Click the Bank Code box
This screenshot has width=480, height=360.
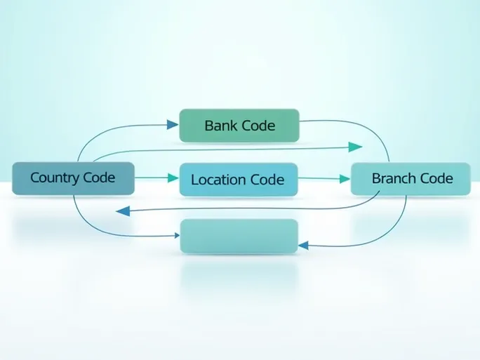(239, 126)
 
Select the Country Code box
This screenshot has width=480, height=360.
(72, 178)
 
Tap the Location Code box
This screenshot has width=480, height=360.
(238, 180)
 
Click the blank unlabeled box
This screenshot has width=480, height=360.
(239, 236)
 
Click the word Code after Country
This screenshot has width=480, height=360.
(98, 178)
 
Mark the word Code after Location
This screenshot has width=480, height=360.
(267, 180)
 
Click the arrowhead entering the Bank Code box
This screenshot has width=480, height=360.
(173, 125)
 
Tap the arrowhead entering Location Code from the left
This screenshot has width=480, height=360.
(173, 178)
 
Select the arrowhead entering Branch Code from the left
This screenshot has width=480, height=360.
(345, 179)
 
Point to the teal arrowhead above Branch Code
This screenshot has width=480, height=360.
(356, 147)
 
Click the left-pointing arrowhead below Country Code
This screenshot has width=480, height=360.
(122, 210)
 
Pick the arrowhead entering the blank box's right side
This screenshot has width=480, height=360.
(304, 245)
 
